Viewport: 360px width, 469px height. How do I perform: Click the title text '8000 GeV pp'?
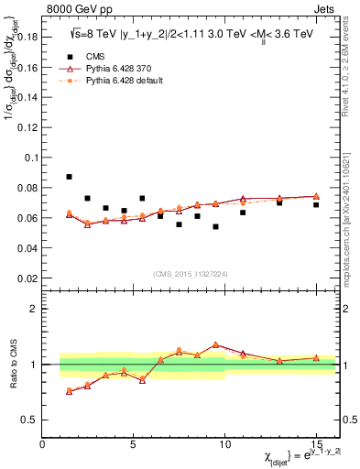pos(75,10)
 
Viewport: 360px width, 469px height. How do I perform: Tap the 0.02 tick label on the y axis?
pos(28,278)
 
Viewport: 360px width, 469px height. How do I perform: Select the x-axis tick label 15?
pos(315,444)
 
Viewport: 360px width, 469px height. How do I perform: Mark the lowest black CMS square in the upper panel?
pos(215,226)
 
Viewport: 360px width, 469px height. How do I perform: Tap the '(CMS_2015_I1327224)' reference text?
pos(190,273)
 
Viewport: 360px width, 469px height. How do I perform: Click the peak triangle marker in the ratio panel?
pos(215,344)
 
